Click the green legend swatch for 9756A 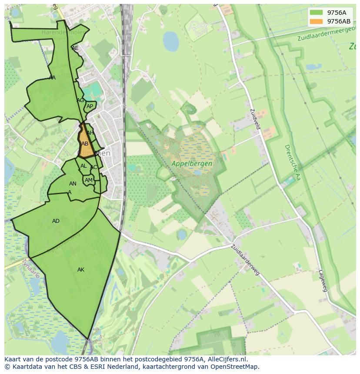[316, 13]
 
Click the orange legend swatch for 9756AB [316, 21]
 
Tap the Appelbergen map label [192, 164]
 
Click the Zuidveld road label [255, 118]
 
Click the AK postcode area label [81, 270]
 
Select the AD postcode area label [56, 221]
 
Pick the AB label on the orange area [85, 144]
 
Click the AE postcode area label [75, 48]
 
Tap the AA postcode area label [52, 78]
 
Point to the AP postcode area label [90, 106]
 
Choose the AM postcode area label [89, 180]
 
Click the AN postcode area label [73, 184]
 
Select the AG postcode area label [80, 100]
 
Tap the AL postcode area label [83, 166]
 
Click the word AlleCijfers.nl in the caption [226, 359]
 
